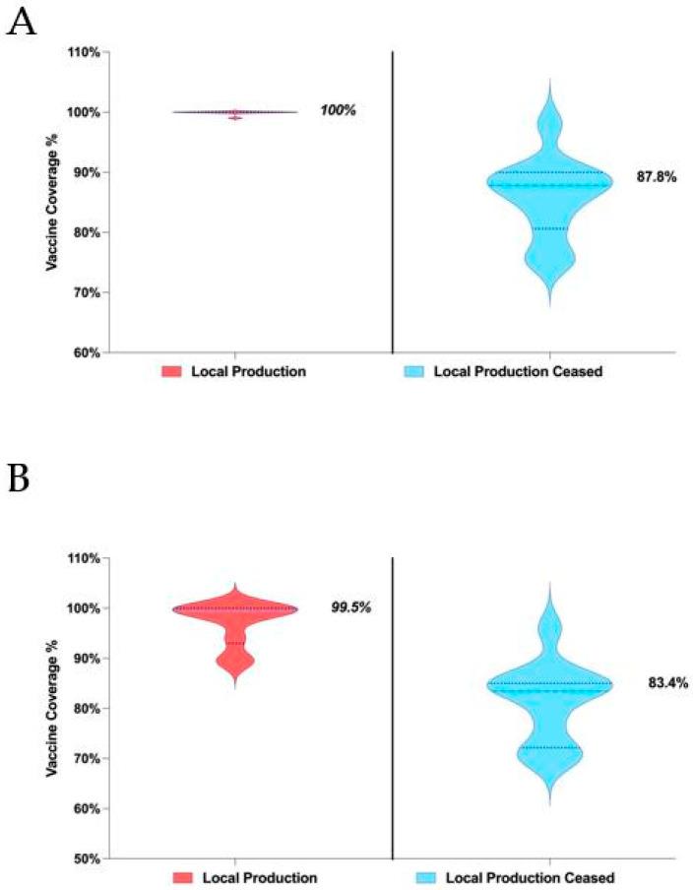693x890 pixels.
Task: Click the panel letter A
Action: tap(22, 22)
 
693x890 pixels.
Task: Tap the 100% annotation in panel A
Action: tap(338, 110)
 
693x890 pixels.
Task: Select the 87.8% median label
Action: tap(656, 179)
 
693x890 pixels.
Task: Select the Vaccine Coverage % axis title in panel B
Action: tap(47, 709)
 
